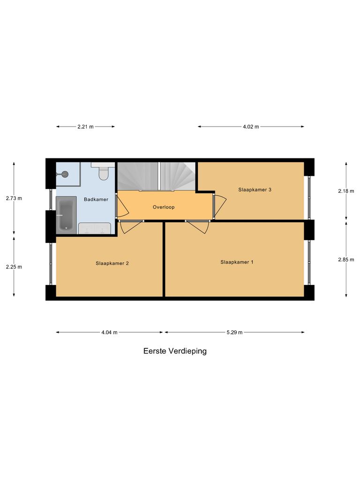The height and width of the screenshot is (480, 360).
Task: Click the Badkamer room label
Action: click(x=96, y=199)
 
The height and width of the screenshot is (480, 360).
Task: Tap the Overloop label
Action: click(x=164, y=207)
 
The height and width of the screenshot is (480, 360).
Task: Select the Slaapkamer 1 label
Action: click(x=237, y=262)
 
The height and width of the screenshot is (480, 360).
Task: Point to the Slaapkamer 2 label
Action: click(x=112, y=263)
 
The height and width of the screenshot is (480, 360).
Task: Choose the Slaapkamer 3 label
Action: click(x=255, y=190)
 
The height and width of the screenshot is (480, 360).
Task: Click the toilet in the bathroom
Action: click(x=104, y=173)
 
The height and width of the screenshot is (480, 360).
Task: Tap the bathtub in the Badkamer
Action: click(x=65, y=215)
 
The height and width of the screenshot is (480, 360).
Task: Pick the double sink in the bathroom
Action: click(x=95, y=228)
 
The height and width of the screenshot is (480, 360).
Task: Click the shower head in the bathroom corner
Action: click(x=64, y=174)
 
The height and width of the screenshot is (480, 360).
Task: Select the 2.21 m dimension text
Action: click(x=85, y=127)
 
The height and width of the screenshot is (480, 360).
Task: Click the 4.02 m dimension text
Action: click(x=251, y=127)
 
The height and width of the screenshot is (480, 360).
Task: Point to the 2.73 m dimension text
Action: click(x=14, y=198)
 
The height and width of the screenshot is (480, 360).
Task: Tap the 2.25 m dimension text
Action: click(x=14, y=267)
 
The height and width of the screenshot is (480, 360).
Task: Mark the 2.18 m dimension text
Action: click(x=346, y=191)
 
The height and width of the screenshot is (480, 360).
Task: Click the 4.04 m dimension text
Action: click(x=109, y=332)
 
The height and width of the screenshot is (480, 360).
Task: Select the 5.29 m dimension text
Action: click(x=234, y=332)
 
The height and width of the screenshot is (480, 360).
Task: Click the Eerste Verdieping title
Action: click(x=175, y=351)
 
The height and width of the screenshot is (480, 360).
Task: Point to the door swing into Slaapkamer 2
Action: click(x=130, y=227)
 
